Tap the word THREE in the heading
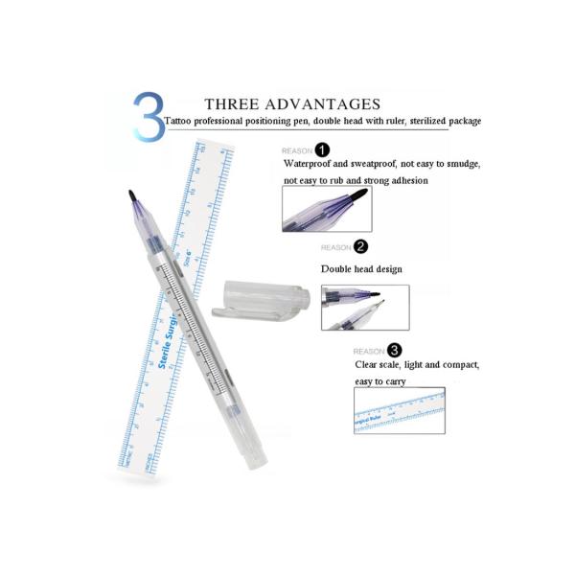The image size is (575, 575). point(234,103)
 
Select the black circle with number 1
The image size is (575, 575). point(322,149)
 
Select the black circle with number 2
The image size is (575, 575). point(360,246)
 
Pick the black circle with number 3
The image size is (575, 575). point(395,351)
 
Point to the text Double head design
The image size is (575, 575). point(361,269)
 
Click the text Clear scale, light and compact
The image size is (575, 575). point(417,366)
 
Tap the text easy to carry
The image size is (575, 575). point(380,381)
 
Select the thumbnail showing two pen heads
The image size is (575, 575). point(364,307)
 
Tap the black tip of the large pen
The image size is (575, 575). point(132,198)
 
